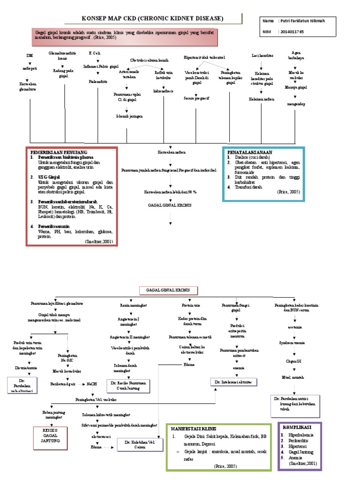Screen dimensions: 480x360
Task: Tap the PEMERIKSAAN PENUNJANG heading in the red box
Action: coord(59,153)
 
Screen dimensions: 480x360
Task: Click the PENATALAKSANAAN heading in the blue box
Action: coord(250,152)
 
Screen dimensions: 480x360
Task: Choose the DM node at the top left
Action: coord(30,55)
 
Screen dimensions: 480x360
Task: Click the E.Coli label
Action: coord(95,53)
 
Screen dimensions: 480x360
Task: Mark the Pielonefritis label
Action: coord(98,81)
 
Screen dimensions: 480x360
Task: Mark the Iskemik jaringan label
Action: coord(129,116)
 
